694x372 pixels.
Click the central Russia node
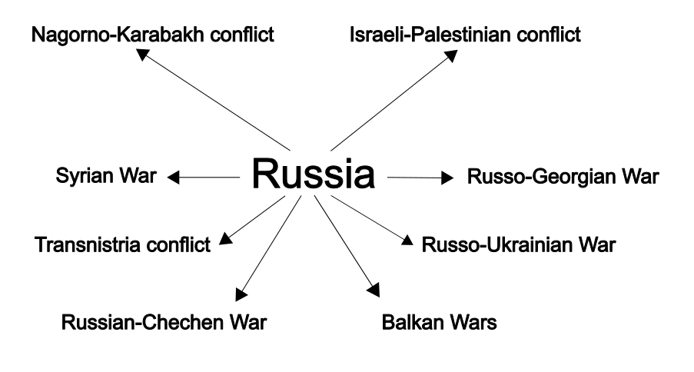[x=314, y=175]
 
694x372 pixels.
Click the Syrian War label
[x=105, y=178]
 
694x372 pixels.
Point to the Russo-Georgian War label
[x=563, y=178]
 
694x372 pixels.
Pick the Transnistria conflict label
[x=122, y=245]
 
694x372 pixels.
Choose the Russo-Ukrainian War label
[x=519, y=245]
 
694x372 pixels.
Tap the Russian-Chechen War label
[x=164, y=321]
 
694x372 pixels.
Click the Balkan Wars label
[x=439, y=321]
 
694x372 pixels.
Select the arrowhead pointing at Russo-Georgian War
[x=447, y=178]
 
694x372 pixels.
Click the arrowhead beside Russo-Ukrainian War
[x=407, y=241]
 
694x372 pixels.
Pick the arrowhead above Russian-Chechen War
[x=240, y=293]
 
